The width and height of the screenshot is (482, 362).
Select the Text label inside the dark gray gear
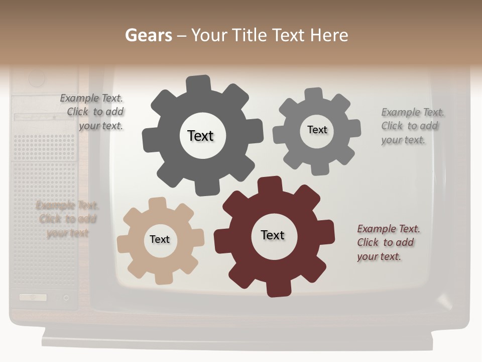coord(200,136)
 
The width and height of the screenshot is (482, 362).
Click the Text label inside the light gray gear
coord(317,130)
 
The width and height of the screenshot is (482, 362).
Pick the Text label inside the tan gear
coord(160,239)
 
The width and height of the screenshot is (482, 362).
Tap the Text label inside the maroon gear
coord(273,235)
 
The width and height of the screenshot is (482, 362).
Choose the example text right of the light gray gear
coord(412,126)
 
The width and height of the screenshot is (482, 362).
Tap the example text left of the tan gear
coord(67,219)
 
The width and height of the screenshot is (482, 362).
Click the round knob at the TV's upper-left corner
coord(37,78)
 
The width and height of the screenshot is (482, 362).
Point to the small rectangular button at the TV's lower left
coord(33,297)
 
